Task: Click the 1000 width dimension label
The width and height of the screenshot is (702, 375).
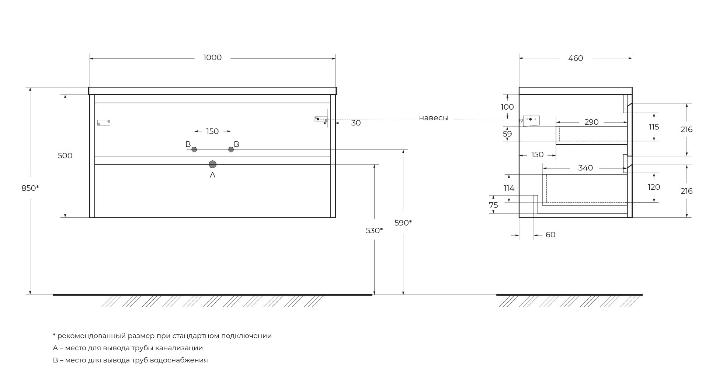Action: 212,58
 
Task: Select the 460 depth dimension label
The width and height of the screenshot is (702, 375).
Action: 576,58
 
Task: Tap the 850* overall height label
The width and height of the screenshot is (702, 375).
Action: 30,188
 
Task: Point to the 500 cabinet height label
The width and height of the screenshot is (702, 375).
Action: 65,156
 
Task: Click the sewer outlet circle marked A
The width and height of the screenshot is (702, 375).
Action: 212,164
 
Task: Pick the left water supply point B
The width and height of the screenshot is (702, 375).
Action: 194,149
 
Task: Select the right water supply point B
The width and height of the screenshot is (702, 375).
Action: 231,149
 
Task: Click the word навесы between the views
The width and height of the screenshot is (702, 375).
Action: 434,118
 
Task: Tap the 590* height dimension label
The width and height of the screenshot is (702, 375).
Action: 403,223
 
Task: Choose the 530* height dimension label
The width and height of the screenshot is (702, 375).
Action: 374,231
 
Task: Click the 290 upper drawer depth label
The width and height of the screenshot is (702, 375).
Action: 591,122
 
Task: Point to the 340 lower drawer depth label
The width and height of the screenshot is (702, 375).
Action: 585,168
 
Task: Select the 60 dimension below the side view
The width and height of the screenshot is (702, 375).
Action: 550,235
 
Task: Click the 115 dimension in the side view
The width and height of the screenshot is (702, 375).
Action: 654,127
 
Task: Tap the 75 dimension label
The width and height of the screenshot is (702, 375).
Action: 494,205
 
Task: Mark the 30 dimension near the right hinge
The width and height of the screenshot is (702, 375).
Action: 356,123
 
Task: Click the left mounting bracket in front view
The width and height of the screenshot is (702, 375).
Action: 104,123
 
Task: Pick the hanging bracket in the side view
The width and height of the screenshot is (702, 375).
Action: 531,121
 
